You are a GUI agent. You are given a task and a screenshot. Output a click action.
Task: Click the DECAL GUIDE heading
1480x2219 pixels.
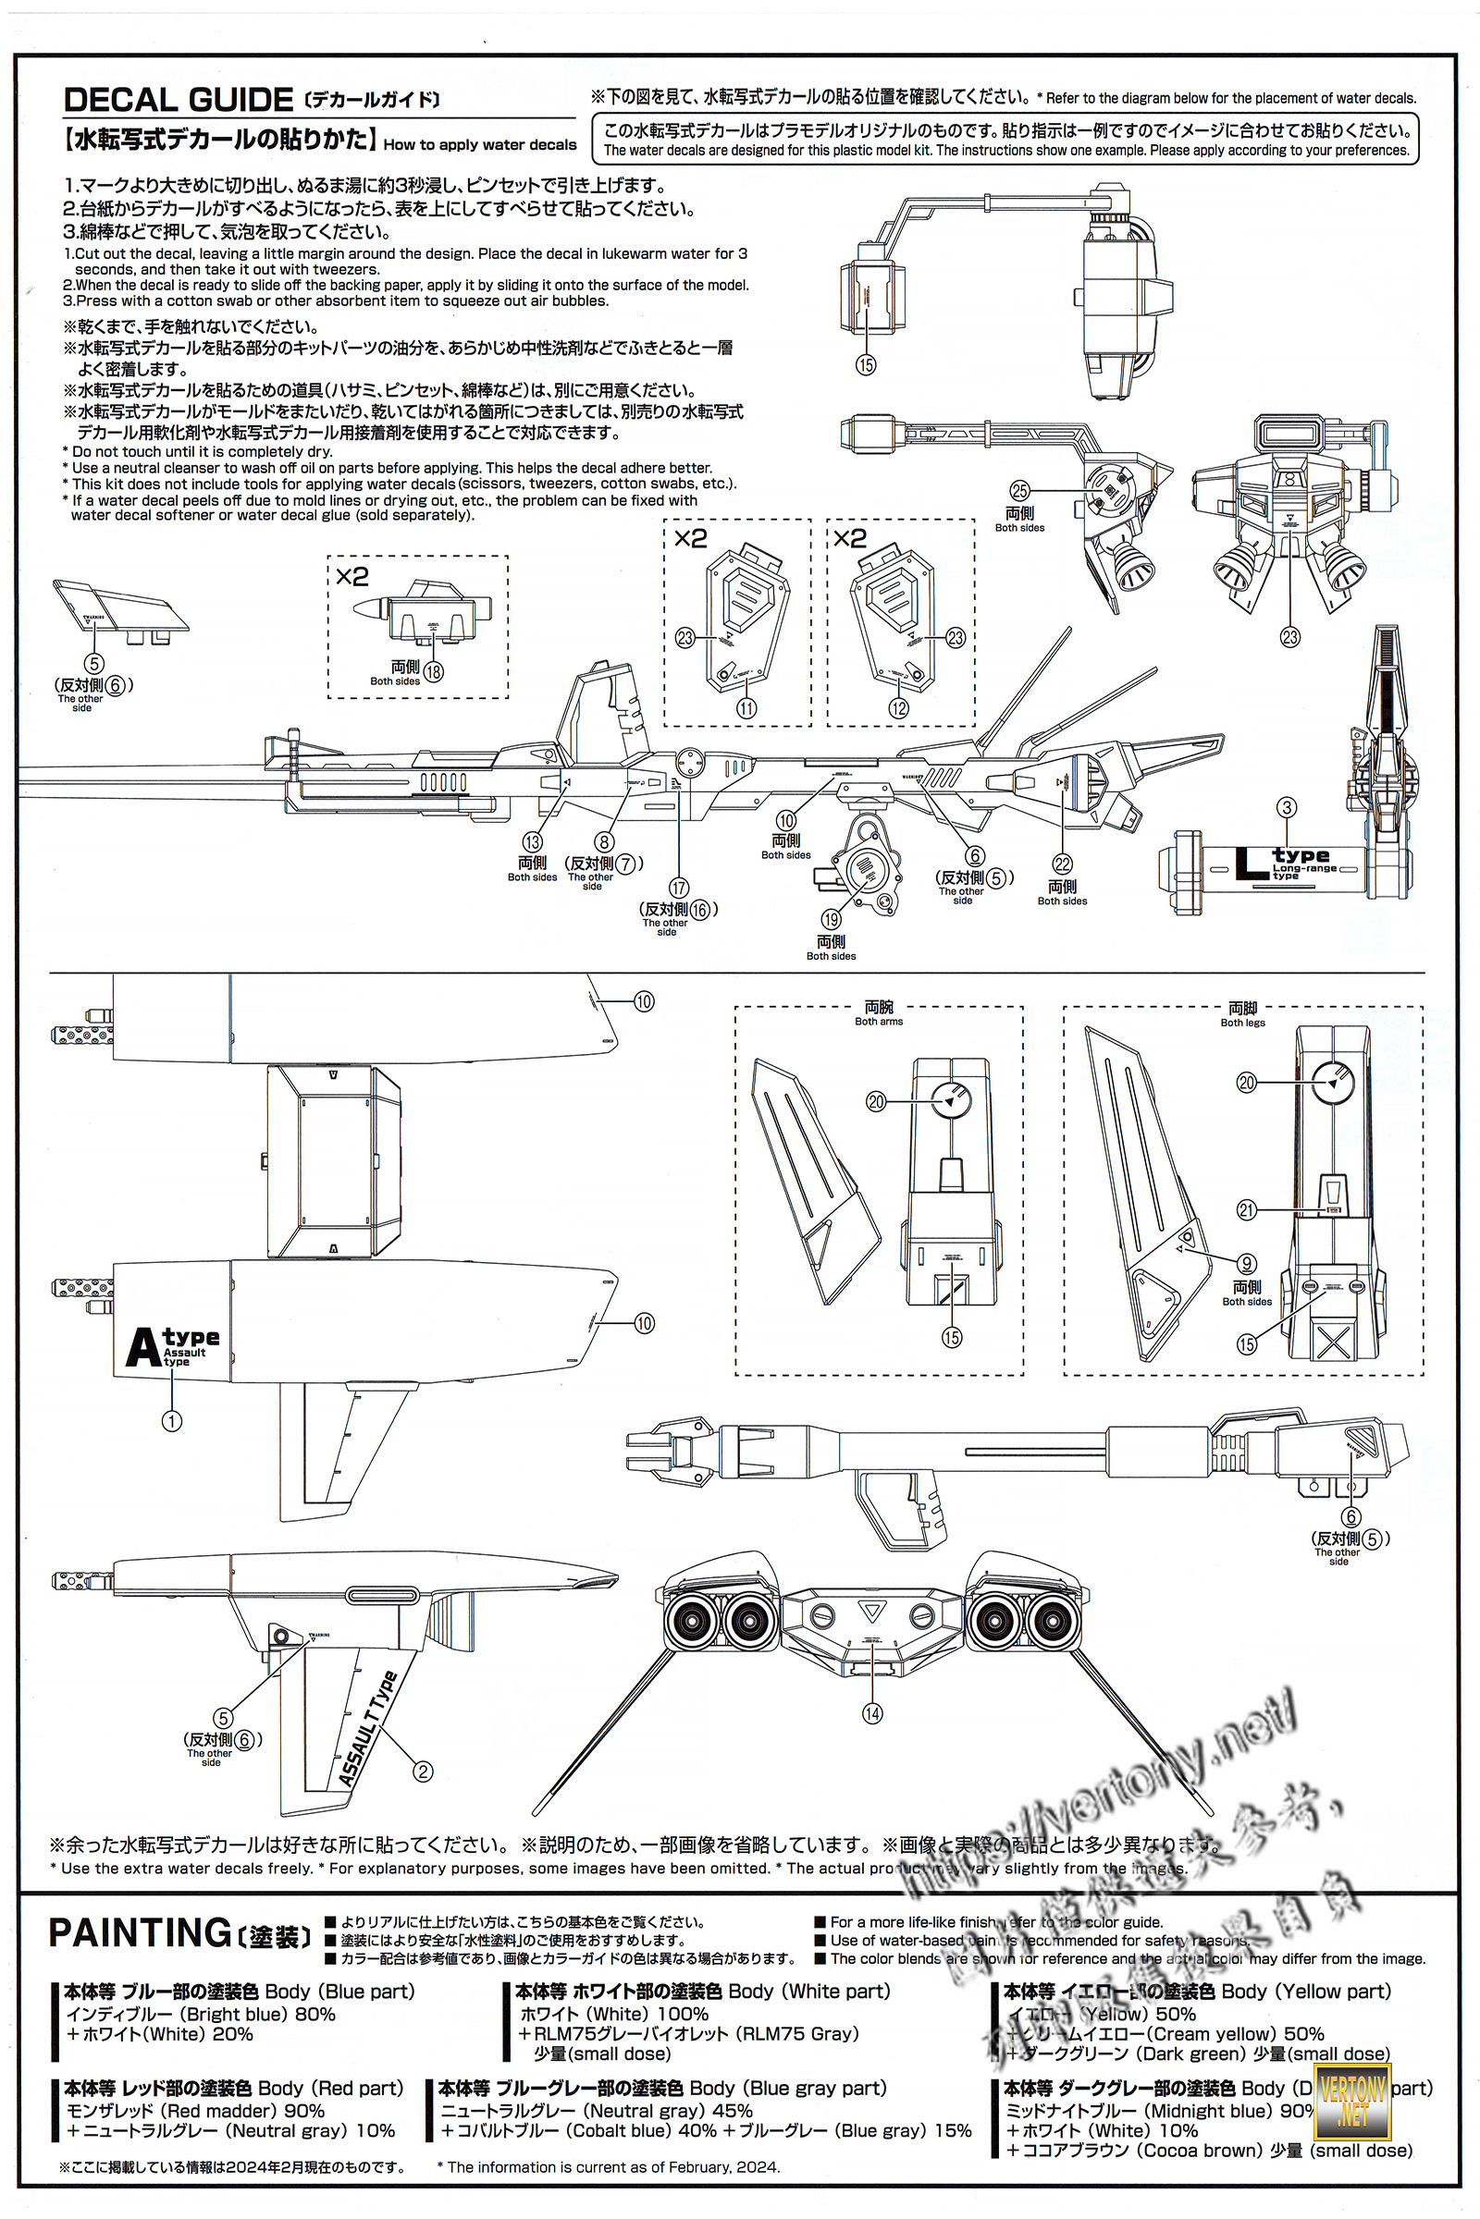[x=179, y=100]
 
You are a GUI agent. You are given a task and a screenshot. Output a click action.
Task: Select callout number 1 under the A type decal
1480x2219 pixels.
[x=172, y=1420]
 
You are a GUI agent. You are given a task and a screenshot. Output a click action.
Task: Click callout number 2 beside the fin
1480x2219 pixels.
[x=423, y=1771]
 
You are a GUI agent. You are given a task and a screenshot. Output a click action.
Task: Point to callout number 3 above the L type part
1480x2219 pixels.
[x=1287, y=807]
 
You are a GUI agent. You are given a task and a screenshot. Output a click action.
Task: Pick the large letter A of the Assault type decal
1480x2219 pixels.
[x=143, y=1347]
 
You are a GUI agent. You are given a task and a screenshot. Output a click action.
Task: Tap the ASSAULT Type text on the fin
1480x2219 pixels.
[x=368, y=1730]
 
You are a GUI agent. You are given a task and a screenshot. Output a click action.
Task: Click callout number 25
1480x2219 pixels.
[x=1019, y=491]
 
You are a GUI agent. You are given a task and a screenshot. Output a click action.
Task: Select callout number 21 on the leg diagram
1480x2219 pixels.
[x=1247, y=1209]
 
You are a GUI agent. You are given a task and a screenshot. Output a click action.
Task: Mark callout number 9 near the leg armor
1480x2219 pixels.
[x=1247, y=1264]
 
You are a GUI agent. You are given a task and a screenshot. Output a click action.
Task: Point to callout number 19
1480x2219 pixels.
[x=831, y=920]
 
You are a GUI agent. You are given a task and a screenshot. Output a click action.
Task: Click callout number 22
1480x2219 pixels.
[x=1063, y=864]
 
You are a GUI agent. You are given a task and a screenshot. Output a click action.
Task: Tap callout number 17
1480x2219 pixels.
[x=679, y=888]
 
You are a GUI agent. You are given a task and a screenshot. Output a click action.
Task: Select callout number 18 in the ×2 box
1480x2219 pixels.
[x=433, y=672]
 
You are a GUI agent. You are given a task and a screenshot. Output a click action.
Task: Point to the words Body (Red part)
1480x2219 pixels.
[x=330, y=2088]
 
